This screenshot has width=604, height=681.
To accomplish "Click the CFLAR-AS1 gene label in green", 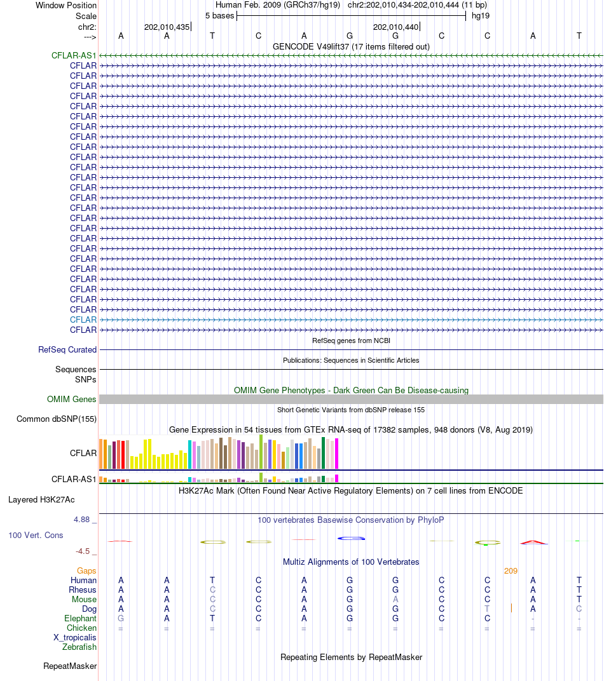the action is pos(74,56).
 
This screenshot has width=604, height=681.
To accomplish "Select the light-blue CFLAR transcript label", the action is pos(83,320).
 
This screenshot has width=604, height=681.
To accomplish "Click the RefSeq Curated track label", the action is pos(67,349).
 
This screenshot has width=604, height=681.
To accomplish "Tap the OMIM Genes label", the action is pos(71,399).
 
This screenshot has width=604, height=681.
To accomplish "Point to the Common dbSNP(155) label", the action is pos(57,419).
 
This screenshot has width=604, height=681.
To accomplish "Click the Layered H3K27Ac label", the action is pos(41,500).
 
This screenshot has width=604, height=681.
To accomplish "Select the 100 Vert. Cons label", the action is pos(36,536).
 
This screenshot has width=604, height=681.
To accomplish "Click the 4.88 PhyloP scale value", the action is pos(81,520).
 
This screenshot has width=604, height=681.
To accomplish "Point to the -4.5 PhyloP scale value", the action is pos(83,551).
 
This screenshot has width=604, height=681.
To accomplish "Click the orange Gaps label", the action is pos(86,570).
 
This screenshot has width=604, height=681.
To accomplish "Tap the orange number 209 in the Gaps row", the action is pos(511,570).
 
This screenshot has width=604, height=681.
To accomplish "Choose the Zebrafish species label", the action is pos(79,647).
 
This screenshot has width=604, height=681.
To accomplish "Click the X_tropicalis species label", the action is pos(75,638).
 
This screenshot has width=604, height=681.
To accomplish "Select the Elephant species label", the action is pos(80,619).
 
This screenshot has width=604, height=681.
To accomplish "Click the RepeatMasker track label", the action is pos(70,666).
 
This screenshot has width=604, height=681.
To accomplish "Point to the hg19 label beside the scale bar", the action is pos(481,16).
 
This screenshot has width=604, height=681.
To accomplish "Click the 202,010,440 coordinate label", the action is pos(396,27).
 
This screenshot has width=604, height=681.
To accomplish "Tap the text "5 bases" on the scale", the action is pos(220,16).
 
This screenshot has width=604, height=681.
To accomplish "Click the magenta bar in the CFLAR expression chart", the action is pos(336,454).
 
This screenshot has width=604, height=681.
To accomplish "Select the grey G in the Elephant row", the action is pos(121,619).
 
